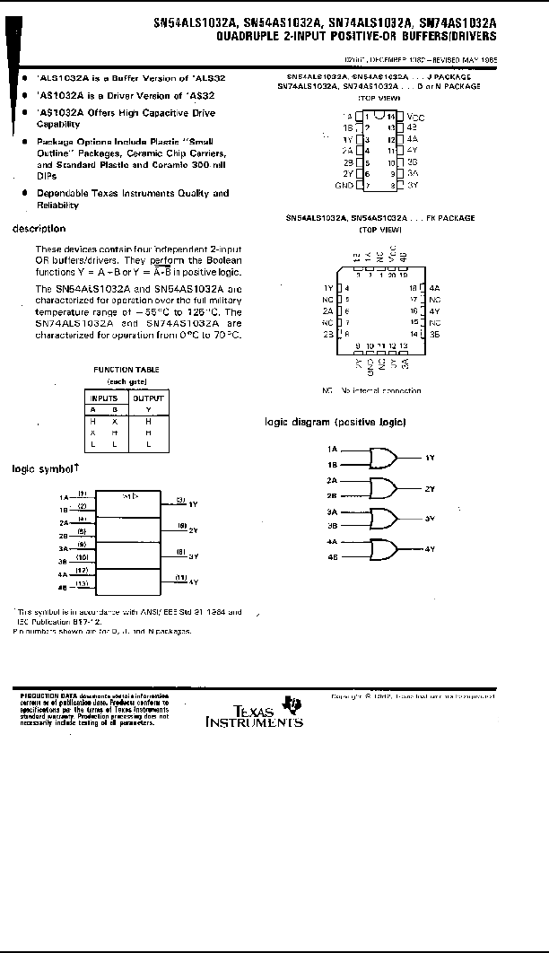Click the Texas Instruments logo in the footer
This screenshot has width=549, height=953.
pyautogui.click(x=255, y=712)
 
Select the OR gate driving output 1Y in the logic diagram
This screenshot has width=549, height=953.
pyautogui.click(x=384, y=460)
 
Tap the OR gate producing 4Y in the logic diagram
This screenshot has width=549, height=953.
pyautogui.click(x=384, y=548)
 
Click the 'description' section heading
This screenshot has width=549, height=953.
pyautogui.click(x=39, y=229)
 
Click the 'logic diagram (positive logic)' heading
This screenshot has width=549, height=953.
pyautogui.click(x=335, y=422)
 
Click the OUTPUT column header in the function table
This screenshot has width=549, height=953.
pyautogui.click(x=149, y=398)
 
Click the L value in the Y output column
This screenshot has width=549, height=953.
pyautogui.click(x=148, y=444)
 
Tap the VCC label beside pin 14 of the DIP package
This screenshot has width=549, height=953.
pyautogui.click(x=415, y=118)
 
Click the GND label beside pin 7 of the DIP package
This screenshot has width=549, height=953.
pyautogui.click(x=344, y=185)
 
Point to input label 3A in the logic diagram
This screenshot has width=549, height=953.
pyautogui.click(x=332, y=511)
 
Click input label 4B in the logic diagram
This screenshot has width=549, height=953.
pyautogui.click(x=332, y=557)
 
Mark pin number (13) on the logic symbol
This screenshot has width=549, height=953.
pyautogui.click(x=83, y=583)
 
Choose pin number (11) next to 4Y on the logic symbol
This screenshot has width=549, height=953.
pyautogui.click(x=180, y=577)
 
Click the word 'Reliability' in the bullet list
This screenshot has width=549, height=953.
pyautogui.click(x=57, y=205)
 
